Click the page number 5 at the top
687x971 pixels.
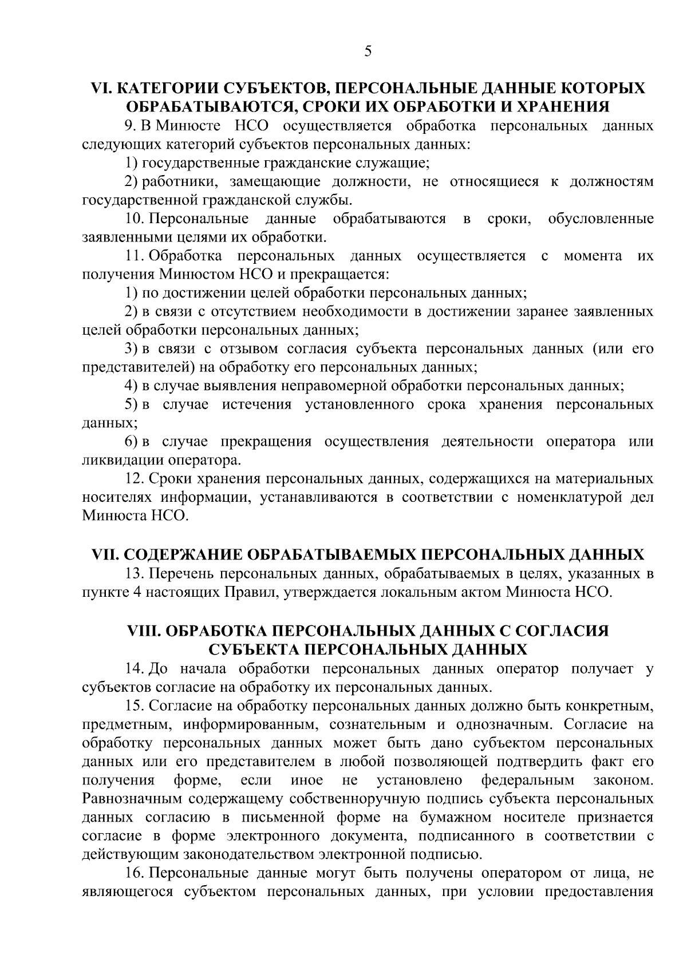click(368, 52)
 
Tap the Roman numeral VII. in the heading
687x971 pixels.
click(106, 554)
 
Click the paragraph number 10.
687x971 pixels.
click(134, 219)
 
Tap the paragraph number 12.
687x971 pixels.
click(134, 478)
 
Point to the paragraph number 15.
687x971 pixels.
click(134, 706)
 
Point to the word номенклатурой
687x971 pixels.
click(569, 497)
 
